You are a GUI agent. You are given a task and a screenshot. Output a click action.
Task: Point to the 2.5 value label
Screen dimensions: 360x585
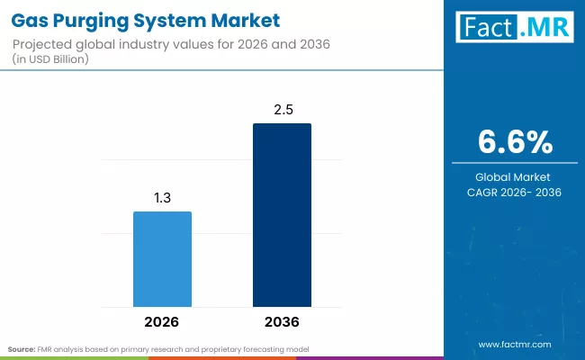(x=282, y=110)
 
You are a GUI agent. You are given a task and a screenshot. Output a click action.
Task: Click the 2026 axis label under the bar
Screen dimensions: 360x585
(x=163, y=320)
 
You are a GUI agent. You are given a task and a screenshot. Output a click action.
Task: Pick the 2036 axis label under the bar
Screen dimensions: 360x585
(x=282, y=320)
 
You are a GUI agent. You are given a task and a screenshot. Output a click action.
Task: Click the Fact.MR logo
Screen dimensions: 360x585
(x=513, y=28)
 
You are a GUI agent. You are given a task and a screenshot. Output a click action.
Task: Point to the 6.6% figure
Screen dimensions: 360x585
(x=514, y=142)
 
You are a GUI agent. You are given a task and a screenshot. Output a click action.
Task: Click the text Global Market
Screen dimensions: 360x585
(x=514, y=176)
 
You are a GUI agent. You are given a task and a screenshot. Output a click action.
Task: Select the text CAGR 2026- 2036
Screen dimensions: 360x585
(x=514, y=193)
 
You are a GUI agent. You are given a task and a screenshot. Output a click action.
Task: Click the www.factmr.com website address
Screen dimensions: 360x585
(x=514, y=344)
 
